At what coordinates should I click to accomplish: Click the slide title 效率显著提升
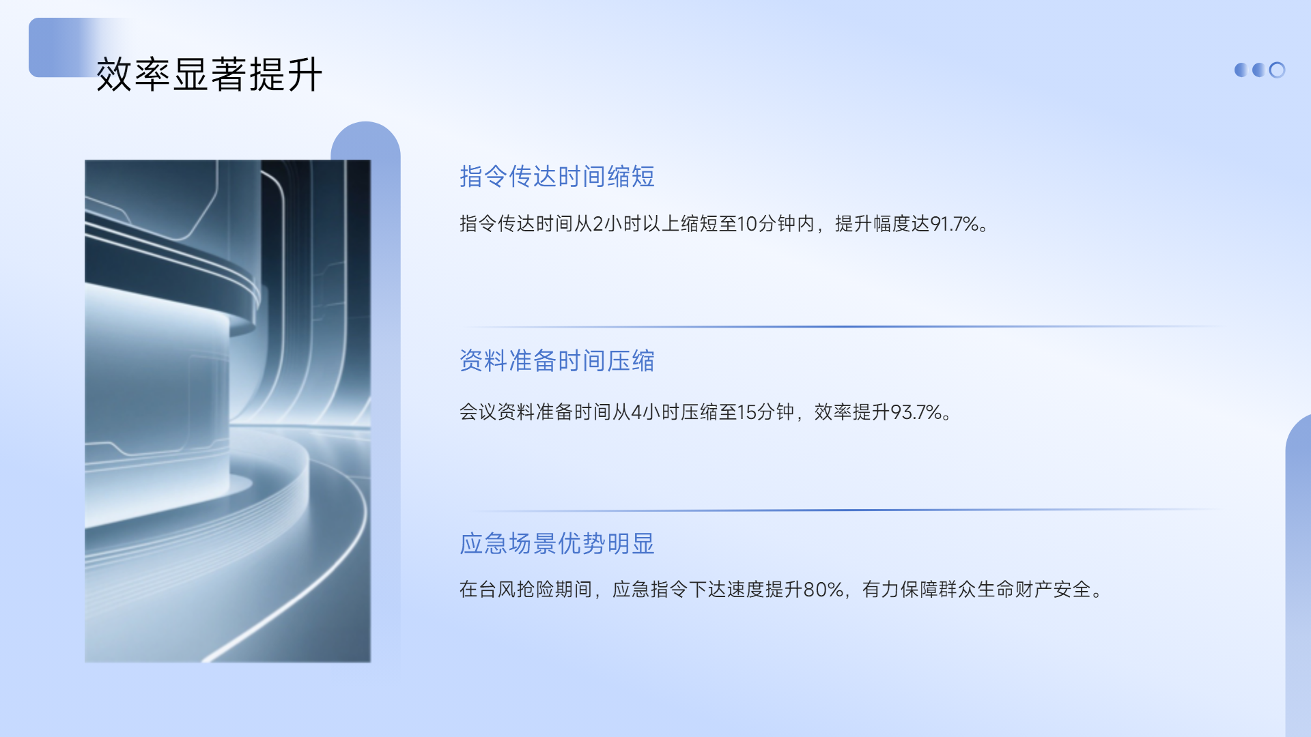pyautogui.click(x=209, y=74)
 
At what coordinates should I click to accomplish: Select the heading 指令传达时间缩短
pyautogui.click(x=557, y=176)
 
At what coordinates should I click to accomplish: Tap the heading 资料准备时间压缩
pyautogui.click(x=557, y=360)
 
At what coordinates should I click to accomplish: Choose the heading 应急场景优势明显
pyautogui.click(x=557, y=543)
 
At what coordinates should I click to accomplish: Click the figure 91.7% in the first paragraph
pyautogui.click(x=955, y=224)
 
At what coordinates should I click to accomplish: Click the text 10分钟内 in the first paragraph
pyautogui.click(x=776, y=224)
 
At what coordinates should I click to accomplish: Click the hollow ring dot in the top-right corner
pyautogui.click(x=1277, y=70)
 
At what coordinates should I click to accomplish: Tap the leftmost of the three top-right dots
pyautogui.click(x=1241, y=70)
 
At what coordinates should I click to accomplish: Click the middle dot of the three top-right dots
pyautogui.click(x=1258, y=70)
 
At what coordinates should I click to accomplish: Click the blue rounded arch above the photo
pyautogui.click(x=366, y=141)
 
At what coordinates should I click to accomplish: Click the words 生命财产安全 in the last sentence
pyautogui.click(x=1034, y=589)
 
